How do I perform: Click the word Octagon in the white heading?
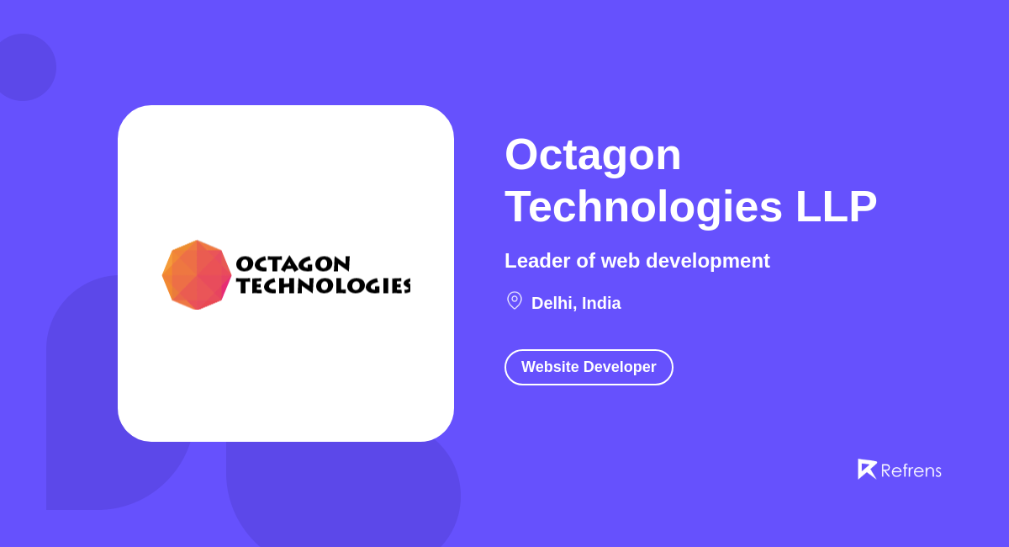[593, 155]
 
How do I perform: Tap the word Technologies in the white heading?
[643, 207]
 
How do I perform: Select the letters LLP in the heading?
[836, 207]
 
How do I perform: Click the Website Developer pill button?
[589, 367]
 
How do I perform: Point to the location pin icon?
[515, 300]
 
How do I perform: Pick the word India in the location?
[601, 303]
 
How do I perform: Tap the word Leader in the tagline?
[537, 261]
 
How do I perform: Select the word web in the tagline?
[621, 261]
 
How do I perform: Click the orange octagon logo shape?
[197, 275]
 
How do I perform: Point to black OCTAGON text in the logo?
[293, 264]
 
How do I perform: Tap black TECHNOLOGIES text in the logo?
[323, 286]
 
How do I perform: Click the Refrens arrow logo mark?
[866, 469]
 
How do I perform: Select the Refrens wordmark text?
[911, 470]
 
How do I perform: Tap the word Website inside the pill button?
[550, 367]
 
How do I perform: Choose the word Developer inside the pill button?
[620, 367]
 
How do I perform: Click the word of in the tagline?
[584, 261]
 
